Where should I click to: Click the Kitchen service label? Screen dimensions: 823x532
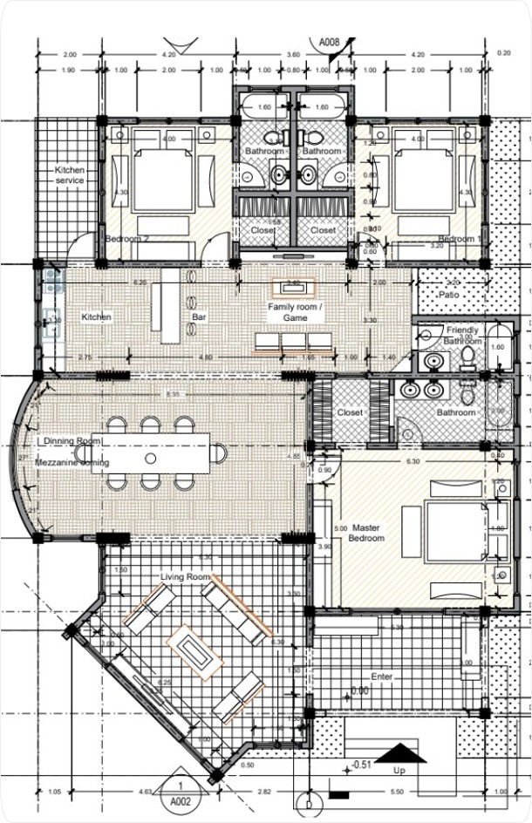70,174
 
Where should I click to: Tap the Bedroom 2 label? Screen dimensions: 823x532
127,238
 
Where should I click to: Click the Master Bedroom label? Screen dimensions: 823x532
366,533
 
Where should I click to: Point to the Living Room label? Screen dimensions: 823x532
186,577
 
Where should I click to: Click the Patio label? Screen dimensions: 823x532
449,296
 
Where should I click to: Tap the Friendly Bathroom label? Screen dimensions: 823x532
462,336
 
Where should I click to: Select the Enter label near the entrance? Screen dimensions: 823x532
382,677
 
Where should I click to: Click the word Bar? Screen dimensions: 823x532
198,317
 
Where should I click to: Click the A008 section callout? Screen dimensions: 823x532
329,41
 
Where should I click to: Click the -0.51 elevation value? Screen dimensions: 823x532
361,766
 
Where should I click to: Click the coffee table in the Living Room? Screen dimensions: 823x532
197,650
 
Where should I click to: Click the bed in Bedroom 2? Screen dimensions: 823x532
160,179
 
